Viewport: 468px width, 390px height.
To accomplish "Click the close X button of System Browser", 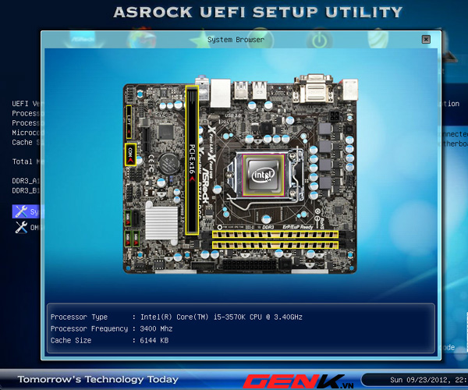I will click(x=424, y=38).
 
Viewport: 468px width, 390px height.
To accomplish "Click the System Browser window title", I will click(x=236, y=38).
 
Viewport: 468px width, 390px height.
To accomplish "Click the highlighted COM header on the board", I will click(x=129, y=154).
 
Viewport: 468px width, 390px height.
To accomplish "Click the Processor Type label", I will click(x=78, y=317).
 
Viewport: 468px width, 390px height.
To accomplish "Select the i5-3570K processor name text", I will click(x=234, y=317).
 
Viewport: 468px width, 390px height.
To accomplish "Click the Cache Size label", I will click(x=72, y=340).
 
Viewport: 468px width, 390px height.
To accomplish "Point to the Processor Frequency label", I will click(x=87, y=328).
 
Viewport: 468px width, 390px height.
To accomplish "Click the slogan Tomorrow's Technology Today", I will click(x=97, y=379).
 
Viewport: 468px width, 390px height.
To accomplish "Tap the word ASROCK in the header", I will click(x=156, y=12).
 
